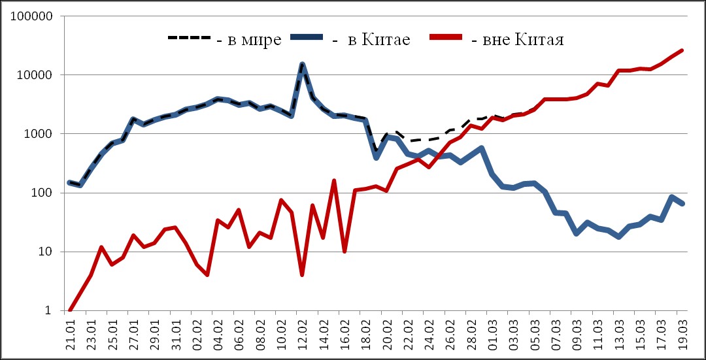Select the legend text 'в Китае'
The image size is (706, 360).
click(379, 41)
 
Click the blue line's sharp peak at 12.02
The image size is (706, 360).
click(302, 65)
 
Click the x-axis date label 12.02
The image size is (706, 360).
click(302, 335)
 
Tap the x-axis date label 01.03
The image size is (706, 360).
click(492, 335)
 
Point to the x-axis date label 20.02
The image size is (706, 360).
click(386, 335)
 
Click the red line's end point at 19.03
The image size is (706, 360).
click(682, 50)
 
